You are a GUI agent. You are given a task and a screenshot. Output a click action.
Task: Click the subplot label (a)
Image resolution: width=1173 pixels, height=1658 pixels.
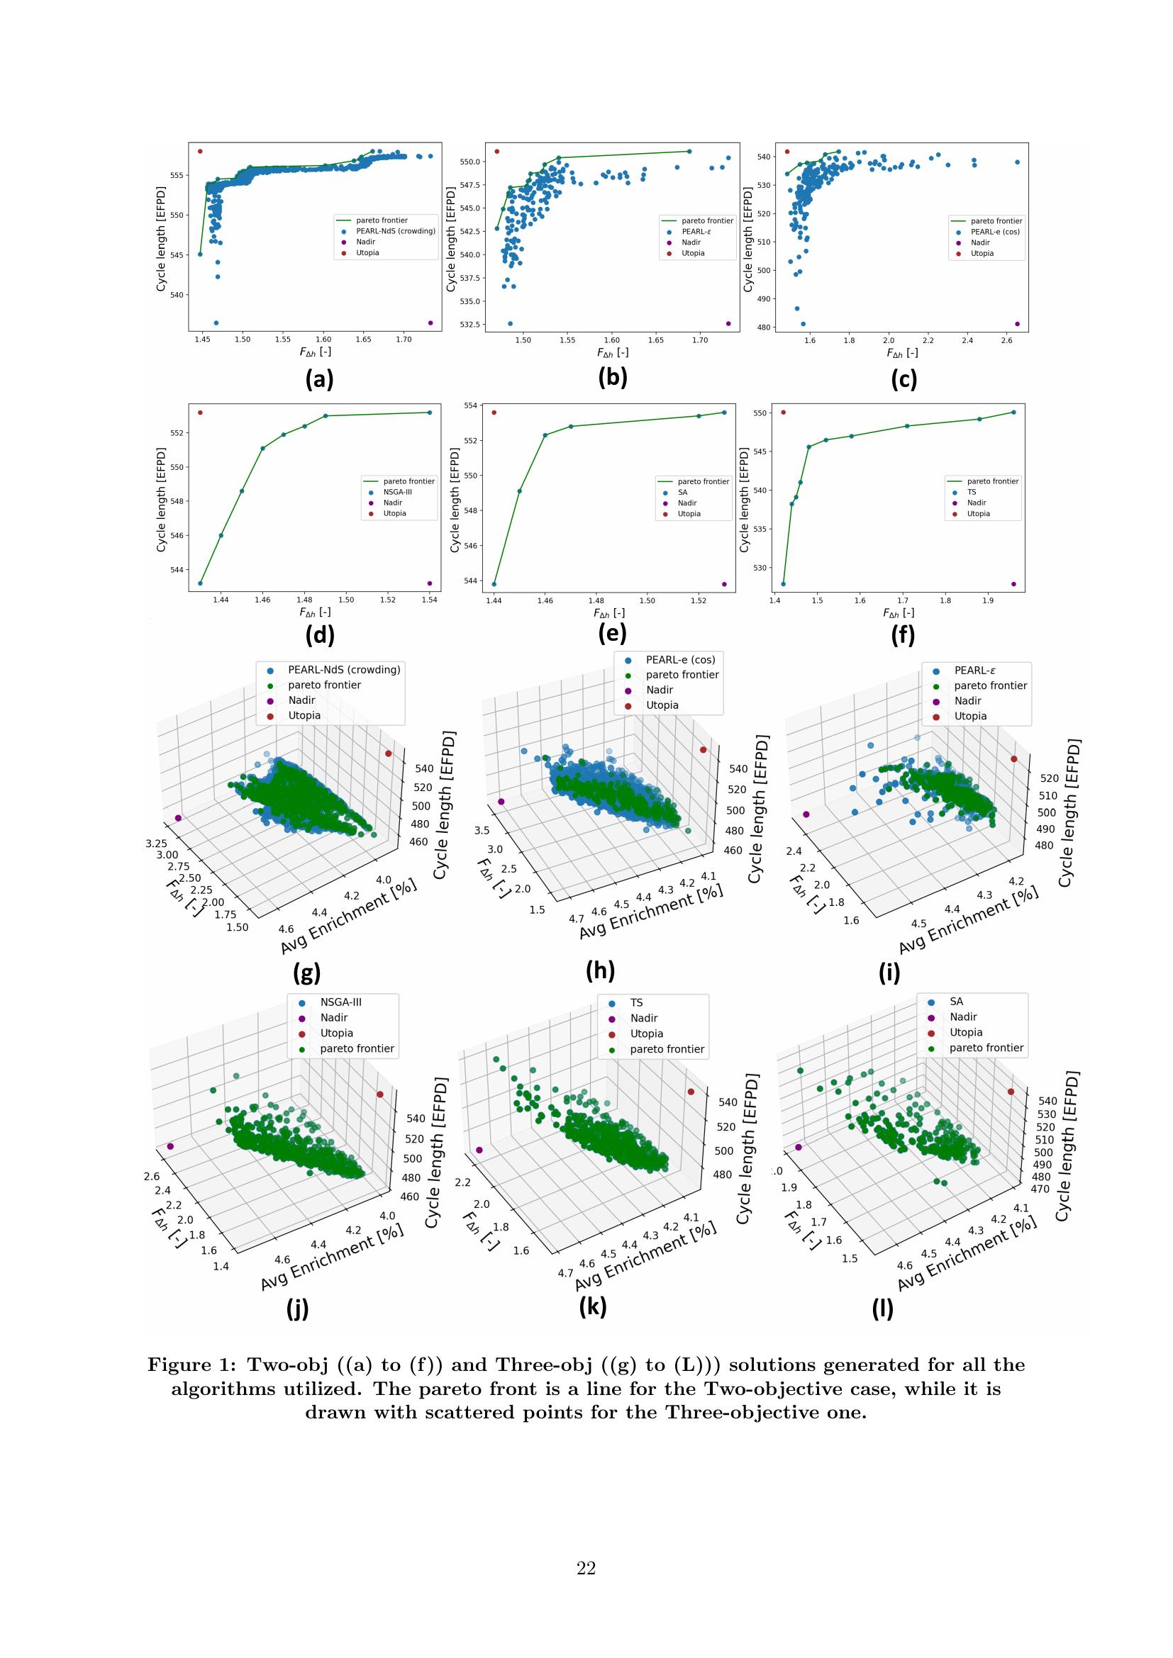point(319,379)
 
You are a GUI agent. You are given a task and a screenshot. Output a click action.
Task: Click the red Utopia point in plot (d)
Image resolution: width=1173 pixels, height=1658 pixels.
point(200,413)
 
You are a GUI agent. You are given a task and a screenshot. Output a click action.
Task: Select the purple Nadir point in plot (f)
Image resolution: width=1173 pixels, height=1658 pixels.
point(1013,584)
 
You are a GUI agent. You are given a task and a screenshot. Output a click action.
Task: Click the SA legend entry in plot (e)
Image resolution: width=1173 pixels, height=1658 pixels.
point(682,493)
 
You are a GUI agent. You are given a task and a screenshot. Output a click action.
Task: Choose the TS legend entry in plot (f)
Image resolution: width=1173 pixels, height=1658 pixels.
point(972,492)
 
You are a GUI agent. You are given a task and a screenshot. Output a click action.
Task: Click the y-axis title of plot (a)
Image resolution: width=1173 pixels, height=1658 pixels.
point(161,239)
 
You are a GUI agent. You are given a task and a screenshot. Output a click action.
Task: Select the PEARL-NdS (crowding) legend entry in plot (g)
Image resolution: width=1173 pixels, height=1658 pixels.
point(344,669)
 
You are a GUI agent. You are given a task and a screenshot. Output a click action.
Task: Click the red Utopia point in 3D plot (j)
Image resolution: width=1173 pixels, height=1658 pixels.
point(380,1094)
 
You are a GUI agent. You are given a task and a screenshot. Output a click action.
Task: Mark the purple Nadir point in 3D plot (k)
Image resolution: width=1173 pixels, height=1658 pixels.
point(479,1150)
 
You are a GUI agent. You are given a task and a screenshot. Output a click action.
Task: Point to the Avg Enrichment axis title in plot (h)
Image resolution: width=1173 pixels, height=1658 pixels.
point(650,912)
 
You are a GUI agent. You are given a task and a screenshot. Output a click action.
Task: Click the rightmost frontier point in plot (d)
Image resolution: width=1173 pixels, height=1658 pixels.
point(429,413)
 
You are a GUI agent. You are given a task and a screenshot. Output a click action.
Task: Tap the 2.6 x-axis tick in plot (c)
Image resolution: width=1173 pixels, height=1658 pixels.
point(1007,340)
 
